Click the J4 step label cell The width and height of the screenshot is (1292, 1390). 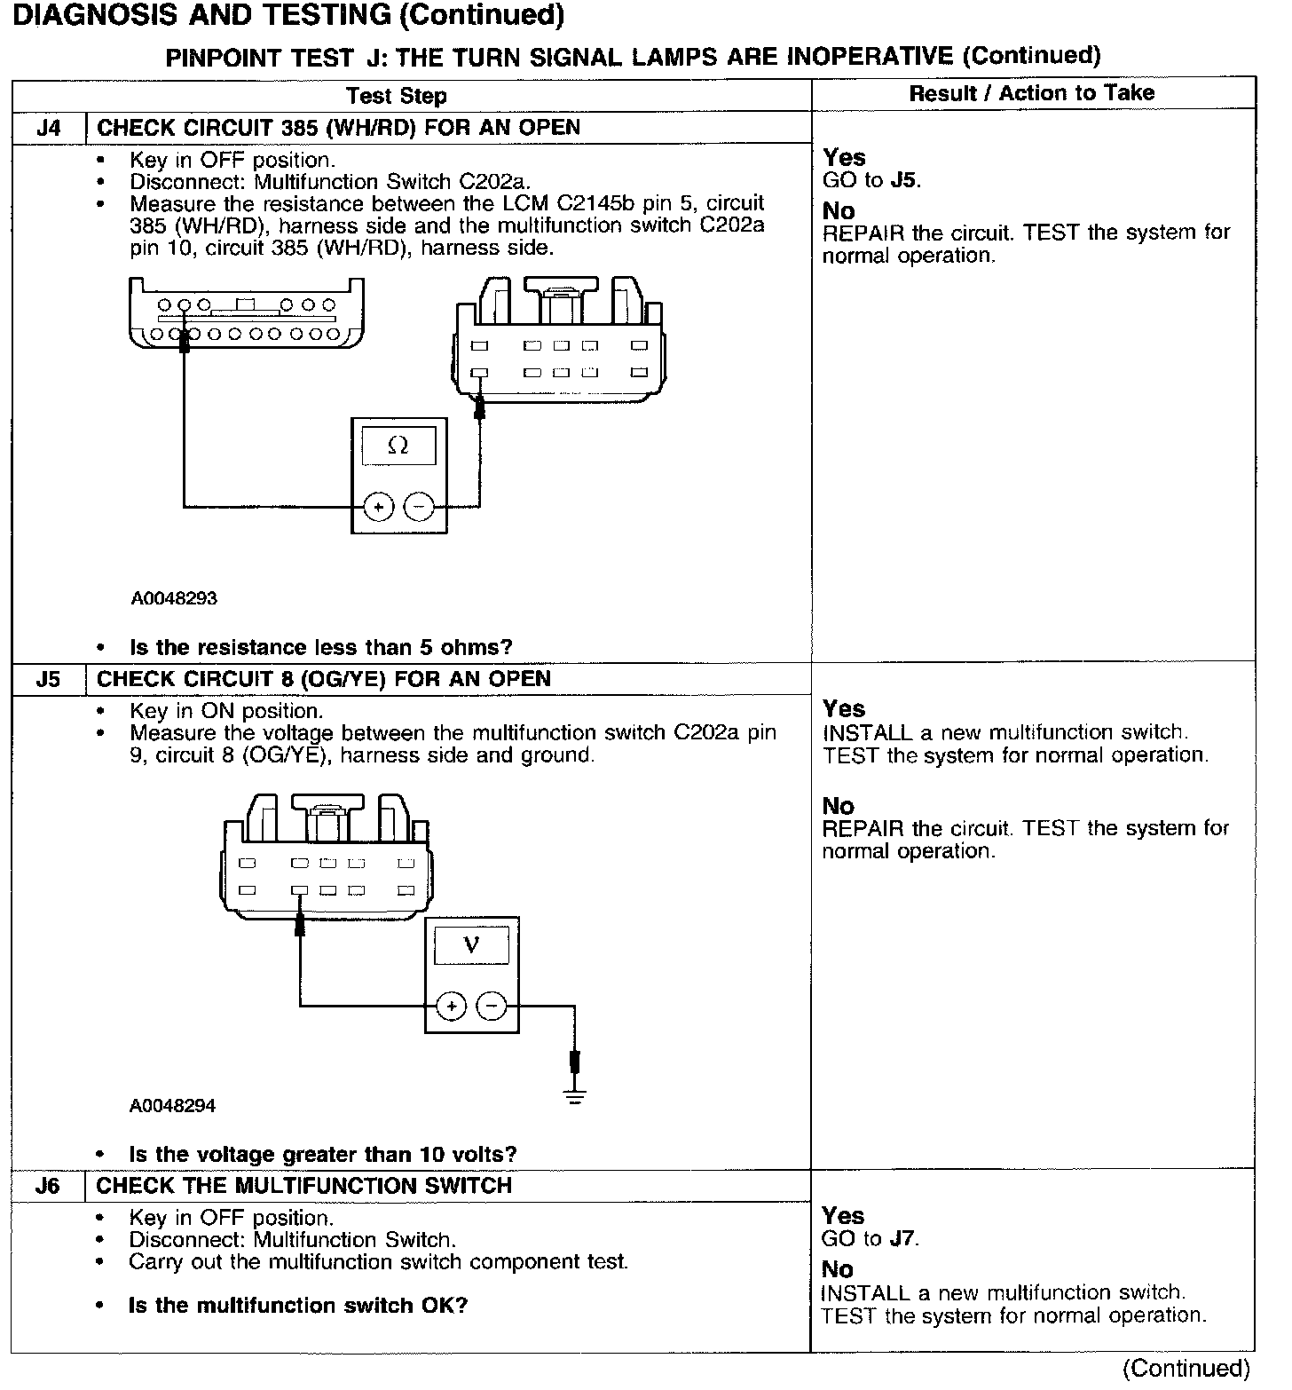pos(49,128)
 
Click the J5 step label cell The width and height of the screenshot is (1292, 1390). pos(49,679)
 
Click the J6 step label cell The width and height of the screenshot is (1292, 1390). pos(49,1186)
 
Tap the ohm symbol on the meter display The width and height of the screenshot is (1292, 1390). pos(398,446)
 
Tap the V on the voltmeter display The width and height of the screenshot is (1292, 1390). pos(471,944)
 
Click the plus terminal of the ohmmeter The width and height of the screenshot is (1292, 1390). pos(379,507)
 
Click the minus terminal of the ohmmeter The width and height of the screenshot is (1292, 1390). pos(419,507)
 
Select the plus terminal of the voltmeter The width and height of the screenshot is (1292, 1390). pos(452,1006)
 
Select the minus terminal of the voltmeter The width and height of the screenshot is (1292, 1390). pos(492,1006)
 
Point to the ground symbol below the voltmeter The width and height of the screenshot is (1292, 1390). pos(575,1096)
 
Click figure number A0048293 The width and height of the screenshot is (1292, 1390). pos(174,598)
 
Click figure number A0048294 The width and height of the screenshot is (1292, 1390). pos(173,1106)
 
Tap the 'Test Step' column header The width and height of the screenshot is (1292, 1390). pos(397,95)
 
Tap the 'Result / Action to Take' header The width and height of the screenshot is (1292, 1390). pos(1032,93)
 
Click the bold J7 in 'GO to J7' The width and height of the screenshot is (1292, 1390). pos(903,1238)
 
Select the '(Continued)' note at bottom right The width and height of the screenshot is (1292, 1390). pos(1186,1368)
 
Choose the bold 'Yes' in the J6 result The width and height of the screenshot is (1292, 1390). pos(843,1215)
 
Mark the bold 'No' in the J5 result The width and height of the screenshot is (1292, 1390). pos(838,806)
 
